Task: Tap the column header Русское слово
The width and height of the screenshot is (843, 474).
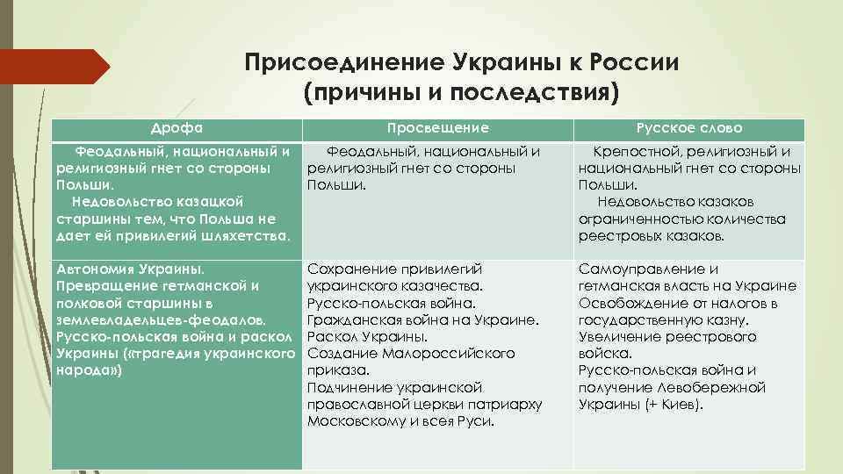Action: (689, 128)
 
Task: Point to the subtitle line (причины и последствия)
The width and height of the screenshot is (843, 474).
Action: (461, 92)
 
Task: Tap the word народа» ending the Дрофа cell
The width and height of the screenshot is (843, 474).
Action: (89, 370)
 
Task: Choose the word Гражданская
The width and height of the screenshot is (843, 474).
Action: (353, 320)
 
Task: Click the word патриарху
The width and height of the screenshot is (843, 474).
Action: (509, 404)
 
